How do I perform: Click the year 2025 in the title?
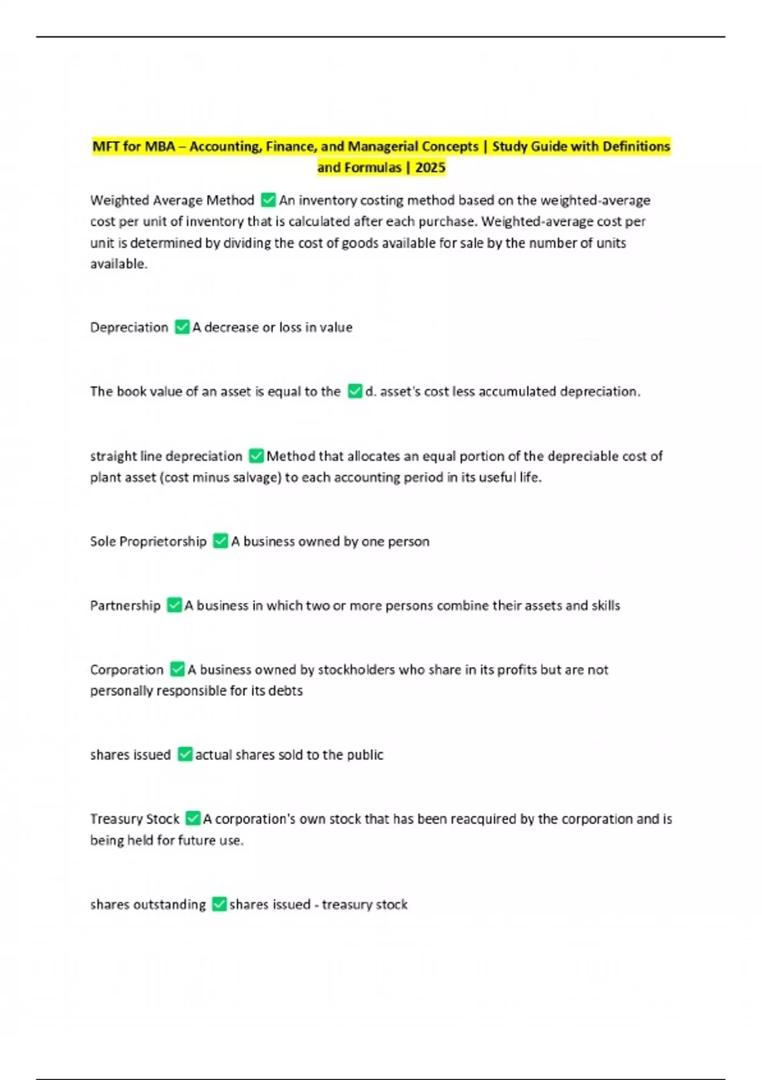[x=430, y=168]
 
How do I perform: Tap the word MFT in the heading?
[x=107, y=147]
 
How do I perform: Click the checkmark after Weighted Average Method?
[x=268, y=200]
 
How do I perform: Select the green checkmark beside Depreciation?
[x=182, y=327]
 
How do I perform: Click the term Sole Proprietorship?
[x=148, y=541]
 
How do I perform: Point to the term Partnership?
[x=125, y=605]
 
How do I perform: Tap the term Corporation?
[x=126, y=670]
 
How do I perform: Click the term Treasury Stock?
[x=135, y=819]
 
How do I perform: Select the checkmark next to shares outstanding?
[x=219, y=904]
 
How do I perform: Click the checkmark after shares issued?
[x=185, y=755]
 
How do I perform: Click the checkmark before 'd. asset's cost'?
[x=355, y=391]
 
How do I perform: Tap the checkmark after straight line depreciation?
[x=256, y=456]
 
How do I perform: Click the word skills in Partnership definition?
[x=605, y=605]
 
